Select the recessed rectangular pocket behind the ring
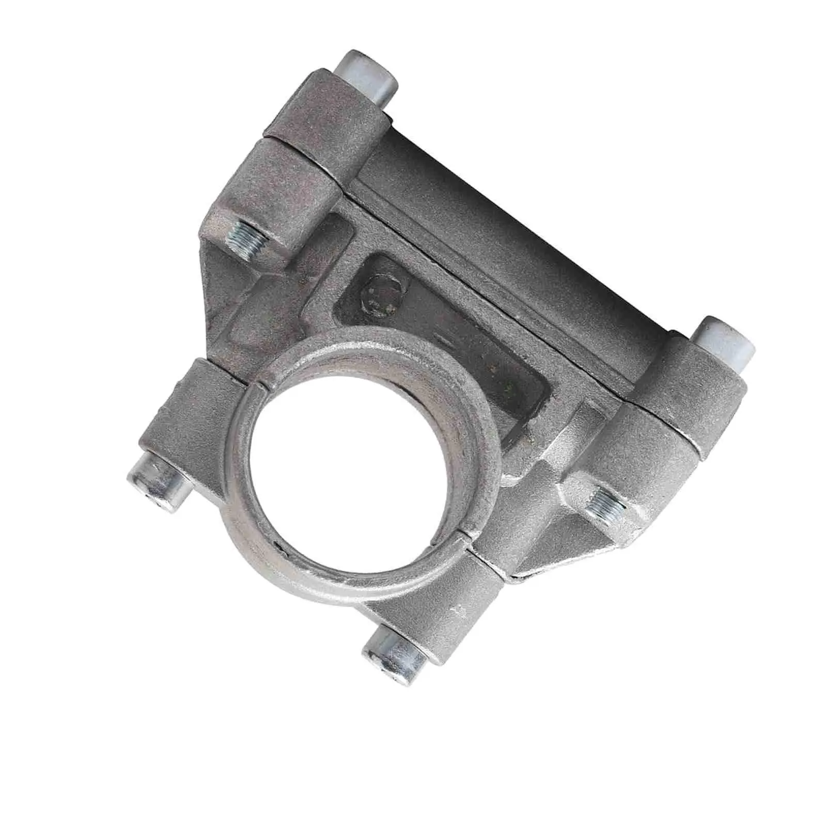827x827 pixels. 465,336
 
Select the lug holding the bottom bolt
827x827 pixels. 439,610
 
